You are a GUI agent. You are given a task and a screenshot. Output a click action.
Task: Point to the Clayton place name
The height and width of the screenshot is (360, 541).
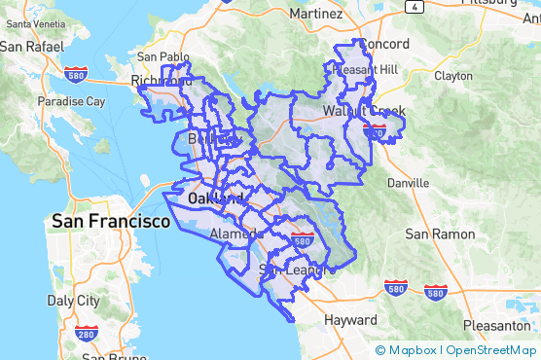point(452,75)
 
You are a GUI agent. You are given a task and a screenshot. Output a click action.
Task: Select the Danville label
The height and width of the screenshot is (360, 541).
point(408,182)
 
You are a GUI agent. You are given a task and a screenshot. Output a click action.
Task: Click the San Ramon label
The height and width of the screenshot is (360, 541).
point(440,234)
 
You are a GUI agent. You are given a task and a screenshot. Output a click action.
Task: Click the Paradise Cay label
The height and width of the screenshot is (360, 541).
point(70,100)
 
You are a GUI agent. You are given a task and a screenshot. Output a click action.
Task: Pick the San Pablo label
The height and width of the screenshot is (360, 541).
point(162,56)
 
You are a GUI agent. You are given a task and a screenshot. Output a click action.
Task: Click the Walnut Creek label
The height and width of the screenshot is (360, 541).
point(366,111)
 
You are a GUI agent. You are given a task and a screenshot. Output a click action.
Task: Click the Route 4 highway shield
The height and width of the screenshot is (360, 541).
point(415,6)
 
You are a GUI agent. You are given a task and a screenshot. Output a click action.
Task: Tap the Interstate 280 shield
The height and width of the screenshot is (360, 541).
point(87,334)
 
